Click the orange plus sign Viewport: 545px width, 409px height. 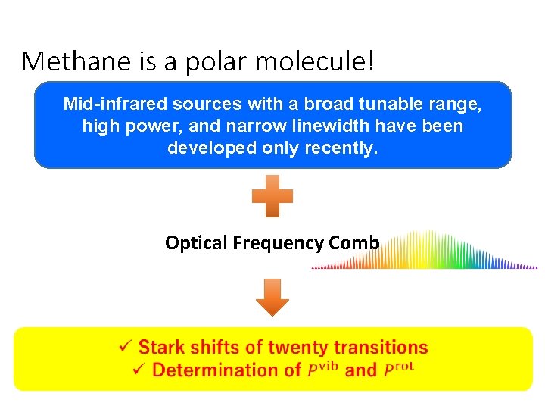272,196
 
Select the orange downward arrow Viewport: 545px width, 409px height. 272,297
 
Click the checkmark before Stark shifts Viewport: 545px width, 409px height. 126,348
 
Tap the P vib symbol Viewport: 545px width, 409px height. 323,370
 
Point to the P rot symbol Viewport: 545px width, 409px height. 399,370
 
